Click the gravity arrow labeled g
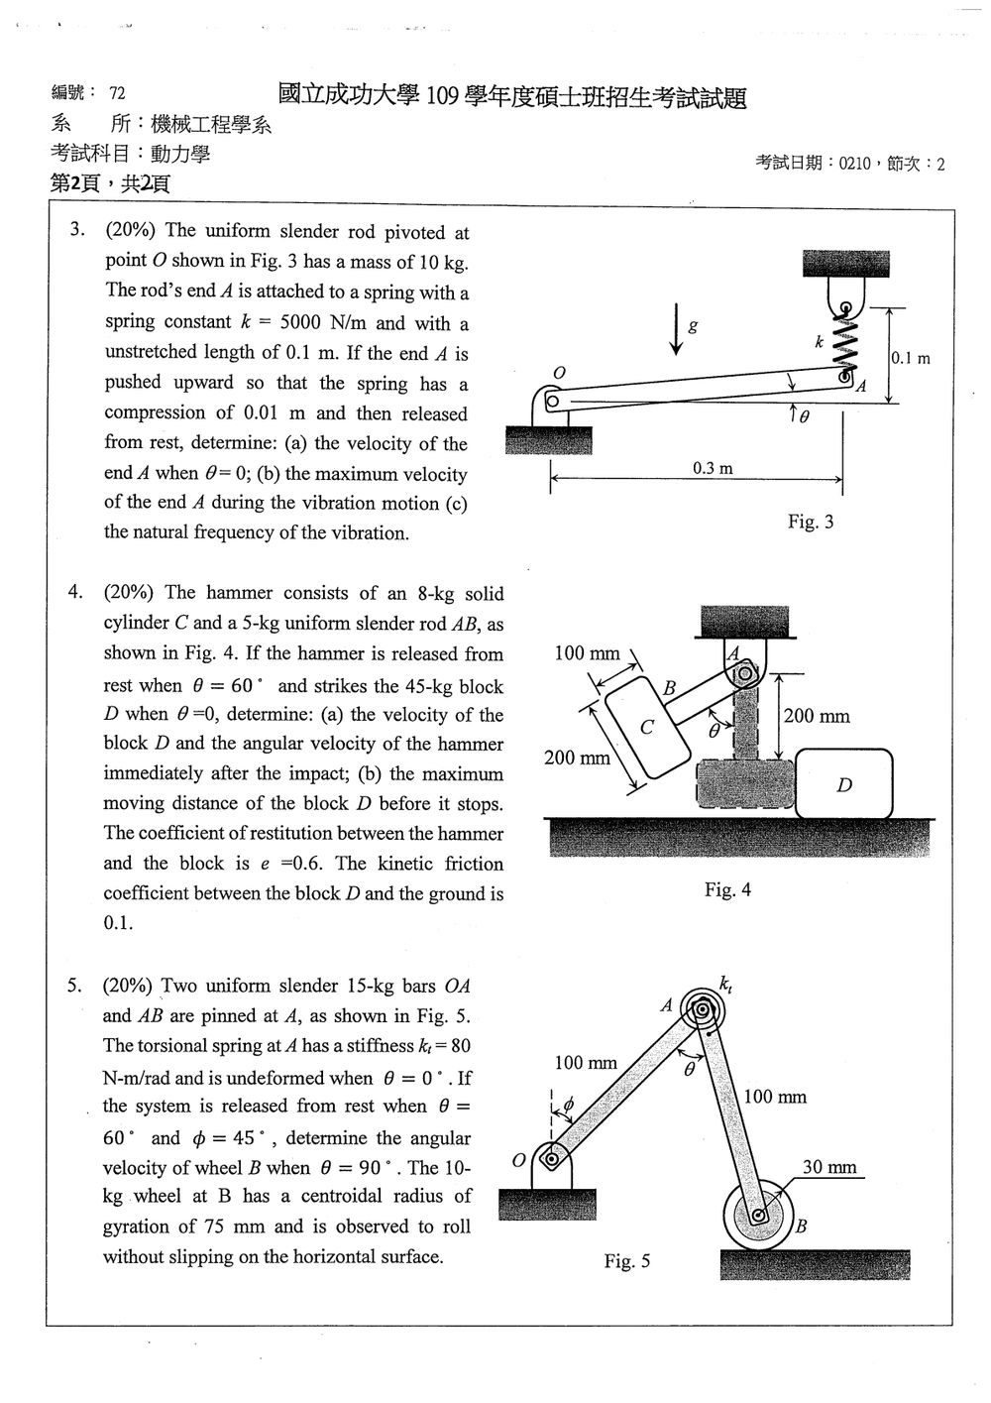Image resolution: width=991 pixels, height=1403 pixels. click(x=676, y=329)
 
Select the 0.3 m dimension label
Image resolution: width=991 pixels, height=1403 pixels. click(x=713, y=468)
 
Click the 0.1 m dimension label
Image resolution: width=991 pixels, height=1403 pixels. click(x=911, y=358)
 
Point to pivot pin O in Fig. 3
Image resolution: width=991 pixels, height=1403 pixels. click(x=552, y=401)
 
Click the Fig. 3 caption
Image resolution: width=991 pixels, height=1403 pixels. click(x=811, y=522)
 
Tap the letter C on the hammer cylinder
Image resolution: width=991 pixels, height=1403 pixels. click(x=647, y=727)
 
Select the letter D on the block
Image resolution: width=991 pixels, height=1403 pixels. click(x=844, y=784)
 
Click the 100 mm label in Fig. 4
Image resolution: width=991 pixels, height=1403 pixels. click(x=587, y=653)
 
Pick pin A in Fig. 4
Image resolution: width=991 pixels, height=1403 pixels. click(x=745, y=674)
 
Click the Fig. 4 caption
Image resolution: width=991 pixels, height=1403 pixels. click(x=727, y=889)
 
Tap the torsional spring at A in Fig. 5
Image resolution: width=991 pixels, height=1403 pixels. click(x=703, y=1009)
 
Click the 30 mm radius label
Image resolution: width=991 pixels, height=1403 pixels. click(x=829, y=1166)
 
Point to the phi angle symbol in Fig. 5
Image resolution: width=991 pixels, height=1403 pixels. click(x=568, y=1105)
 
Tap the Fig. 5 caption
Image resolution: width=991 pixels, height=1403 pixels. click(x=627, y=1260)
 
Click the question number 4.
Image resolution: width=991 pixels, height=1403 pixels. click(x=74, y=591)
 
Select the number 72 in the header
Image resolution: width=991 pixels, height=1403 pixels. click(x=117, y=93)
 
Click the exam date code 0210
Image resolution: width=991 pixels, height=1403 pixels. click(x=854, y=164)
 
